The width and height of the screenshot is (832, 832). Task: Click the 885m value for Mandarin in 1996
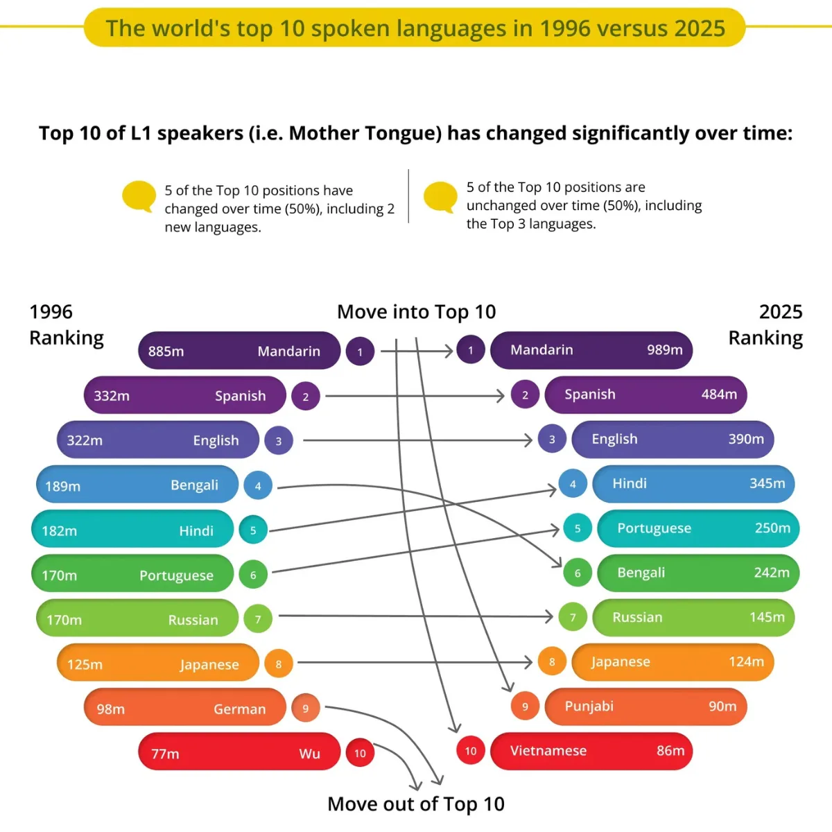coord(166,352)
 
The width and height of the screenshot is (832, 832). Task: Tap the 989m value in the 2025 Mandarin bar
coord(664,350)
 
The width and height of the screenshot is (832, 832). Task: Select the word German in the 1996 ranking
coord(239,709)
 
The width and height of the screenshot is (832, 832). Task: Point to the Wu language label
coord(309,754)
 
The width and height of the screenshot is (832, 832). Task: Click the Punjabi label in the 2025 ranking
coord(589,707)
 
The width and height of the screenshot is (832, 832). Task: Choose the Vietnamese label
coord(548,751)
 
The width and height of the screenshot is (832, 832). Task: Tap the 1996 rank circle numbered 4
coord(258,486)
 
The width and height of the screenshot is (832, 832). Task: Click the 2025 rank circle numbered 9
coord(525,707)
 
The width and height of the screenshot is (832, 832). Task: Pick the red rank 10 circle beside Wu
coord(360,754)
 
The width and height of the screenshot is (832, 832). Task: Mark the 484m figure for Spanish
coord(719,395)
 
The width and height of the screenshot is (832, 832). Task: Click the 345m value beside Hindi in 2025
coord(767,483)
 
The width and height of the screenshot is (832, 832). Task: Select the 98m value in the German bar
coord(111,709)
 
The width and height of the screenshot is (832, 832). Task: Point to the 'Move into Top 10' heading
coord(416,312)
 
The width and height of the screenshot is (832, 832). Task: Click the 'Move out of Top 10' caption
coord(416,804)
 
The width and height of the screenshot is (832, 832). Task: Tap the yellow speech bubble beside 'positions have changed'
coord(139,196)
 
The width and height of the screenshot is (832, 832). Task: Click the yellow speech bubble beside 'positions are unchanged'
coord(440,196)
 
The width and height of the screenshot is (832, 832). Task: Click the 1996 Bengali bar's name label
coord(194,485)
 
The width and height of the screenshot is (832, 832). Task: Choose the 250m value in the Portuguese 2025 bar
coord(772,528)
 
